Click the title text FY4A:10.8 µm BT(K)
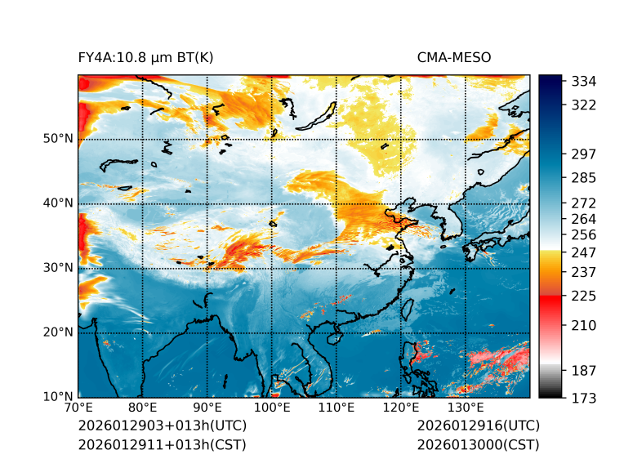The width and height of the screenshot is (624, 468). tap(145, 57)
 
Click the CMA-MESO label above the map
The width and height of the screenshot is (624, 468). tap(454, 57)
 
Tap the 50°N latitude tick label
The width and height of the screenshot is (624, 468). tap(57, 138)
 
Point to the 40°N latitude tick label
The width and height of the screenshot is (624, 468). tap(57, 203)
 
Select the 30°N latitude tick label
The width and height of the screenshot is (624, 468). tap(57, 267)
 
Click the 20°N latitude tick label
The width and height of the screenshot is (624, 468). tap(57, 332)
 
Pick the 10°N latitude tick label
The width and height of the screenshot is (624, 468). tap(57, 397)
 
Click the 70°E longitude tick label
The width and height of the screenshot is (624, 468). tap(78, 408)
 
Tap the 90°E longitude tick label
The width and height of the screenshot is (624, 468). tap(207, 408)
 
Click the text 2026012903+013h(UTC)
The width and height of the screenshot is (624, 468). tap(162, 426)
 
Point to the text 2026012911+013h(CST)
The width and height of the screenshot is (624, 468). tap(162, 444)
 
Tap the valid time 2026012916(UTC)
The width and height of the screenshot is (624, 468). tap(478, 426)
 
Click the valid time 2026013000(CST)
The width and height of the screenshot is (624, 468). tap(478, 444)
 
